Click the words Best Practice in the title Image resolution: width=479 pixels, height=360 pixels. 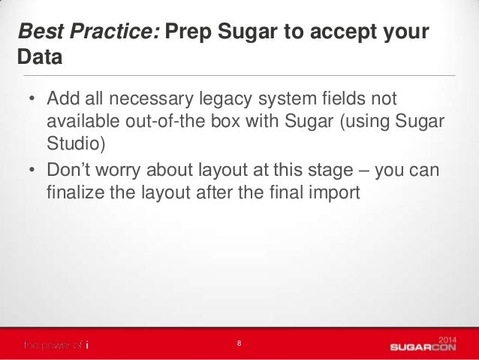(x=89, y=34)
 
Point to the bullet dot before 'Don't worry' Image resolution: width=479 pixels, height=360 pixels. (x=32, y=172)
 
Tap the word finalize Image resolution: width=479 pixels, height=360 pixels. (x=74, y=193)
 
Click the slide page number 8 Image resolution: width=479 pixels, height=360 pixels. (x=239, y=343)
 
